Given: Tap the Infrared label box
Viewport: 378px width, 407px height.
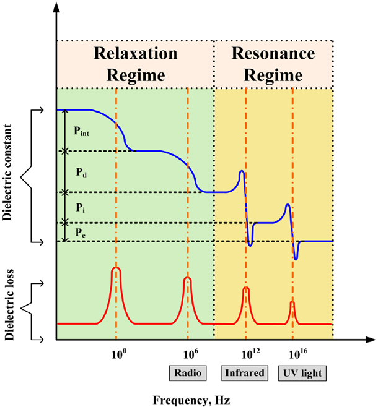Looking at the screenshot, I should point(244,373).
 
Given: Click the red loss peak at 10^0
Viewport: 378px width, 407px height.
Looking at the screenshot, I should point(116,270).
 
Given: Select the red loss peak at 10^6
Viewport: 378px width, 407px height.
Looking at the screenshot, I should point(187,280).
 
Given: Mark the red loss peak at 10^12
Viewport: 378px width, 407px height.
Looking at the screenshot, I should point(246,289).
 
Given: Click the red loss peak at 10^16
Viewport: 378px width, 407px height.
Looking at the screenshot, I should point(292,304).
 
